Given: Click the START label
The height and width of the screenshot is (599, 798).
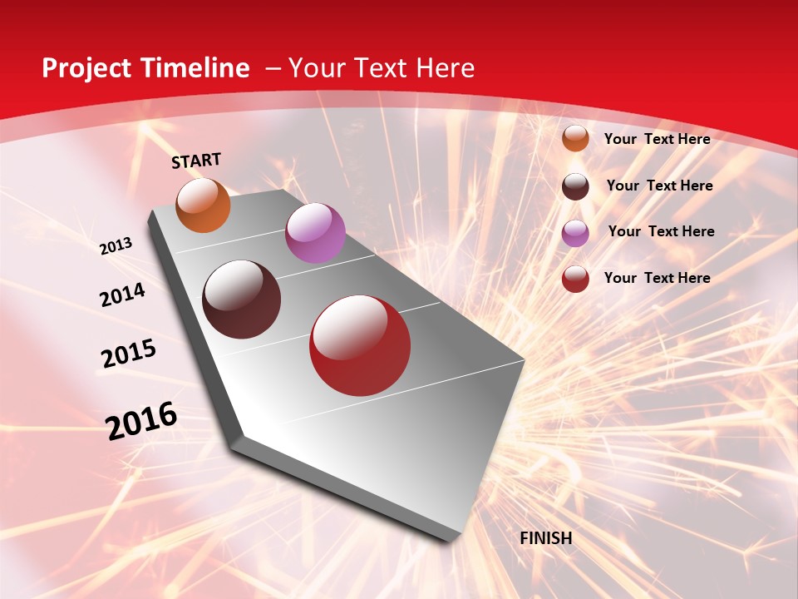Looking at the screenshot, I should (196, 161).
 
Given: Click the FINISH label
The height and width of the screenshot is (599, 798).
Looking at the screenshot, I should (546, 538).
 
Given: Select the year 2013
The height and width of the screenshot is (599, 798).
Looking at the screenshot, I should (116, 246).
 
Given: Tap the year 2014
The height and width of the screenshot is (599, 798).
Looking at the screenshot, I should (123, 295).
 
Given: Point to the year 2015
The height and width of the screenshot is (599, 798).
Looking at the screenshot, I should (129, 354).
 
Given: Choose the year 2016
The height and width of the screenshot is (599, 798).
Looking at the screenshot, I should (141, 421).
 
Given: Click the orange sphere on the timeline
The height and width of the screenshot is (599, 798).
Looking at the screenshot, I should (204, 205).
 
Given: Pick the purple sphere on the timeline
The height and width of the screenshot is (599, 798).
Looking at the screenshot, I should (315, 233).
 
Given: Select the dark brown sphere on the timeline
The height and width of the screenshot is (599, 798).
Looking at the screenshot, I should (242, 299).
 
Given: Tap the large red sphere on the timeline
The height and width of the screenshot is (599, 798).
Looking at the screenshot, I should (360, 345).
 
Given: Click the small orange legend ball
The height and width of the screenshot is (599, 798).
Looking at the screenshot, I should (575, 139).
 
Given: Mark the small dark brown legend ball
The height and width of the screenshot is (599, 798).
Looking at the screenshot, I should (575, 186).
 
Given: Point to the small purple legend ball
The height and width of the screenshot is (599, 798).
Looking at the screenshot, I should (575, 233).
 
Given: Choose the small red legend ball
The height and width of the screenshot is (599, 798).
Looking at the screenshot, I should (575, 279).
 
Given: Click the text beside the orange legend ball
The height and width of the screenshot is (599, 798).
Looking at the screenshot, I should (657, 139).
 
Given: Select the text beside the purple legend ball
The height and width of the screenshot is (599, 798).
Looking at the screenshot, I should (661, 231).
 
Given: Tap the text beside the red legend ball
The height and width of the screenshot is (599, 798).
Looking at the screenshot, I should (657, 278).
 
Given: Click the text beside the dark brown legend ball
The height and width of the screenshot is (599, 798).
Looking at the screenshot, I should (659, 186).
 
